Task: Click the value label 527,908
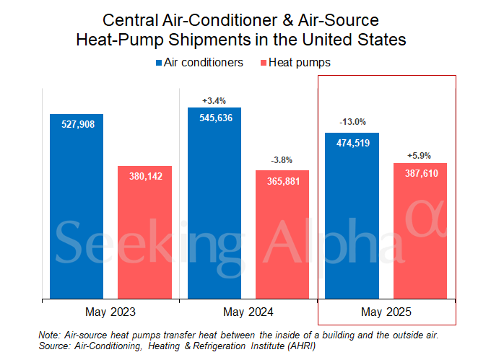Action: [77, 124]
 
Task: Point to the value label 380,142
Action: [145, 176]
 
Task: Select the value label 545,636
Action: [214, 118]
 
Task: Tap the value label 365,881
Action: [282, 180]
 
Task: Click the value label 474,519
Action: [352, 143]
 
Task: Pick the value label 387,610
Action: [420, 173]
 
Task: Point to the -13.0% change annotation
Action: [352, 122]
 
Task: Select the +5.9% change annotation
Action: [420, 155]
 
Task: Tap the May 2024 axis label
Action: [248, 312]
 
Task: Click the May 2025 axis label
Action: [386, 312]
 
